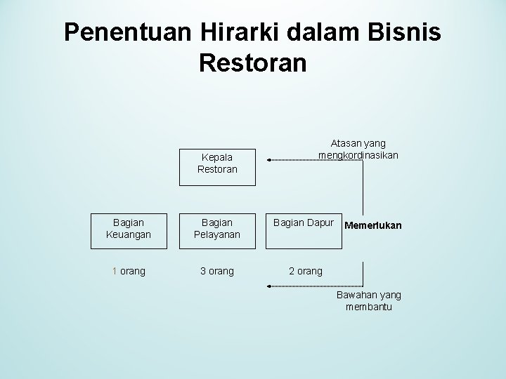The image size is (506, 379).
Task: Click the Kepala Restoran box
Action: tap(217, 164)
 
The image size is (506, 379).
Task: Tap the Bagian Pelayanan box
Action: tap(217, 228)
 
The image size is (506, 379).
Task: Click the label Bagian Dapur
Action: tap(304, 222)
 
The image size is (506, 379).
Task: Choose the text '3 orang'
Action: tap(217, 271)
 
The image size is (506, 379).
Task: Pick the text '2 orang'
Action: tap(306, 271)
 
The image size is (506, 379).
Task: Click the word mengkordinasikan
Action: tap(358, 154)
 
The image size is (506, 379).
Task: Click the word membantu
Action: tap(369, 307)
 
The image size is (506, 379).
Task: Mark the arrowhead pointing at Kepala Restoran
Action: tap(271, 161)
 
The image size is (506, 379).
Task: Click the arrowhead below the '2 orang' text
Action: tap(269, 286)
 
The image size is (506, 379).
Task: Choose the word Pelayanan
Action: tap(217, 234)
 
